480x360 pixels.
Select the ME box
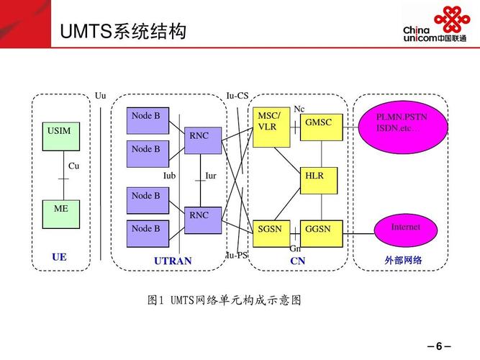click(x=61, y=214)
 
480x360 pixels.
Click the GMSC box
click(x=321, y=127)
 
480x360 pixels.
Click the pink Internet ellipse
click(x=405, y=229)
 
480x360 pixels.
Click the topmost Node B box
click(x=148, y=121)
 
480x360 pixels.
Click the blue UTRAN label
click(x=173, y=261)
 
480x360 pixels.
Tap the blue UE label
click(x=59, y=257)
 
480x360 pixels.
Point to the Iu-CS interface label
click(x=237, y=96)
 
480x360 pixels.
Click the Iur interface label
click(x=211, y=176)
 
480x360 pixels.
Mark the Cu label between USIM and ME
click(x=74, y=166)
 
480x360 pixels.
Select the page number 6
click(x=438, y=346)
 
